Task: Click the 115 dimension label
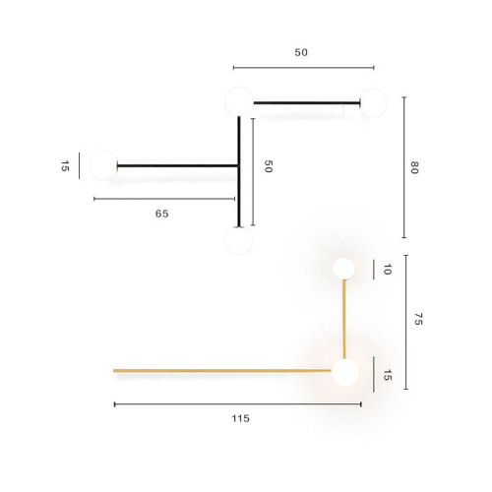click(x=240, y=418)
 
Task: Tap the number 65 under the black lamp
click(x=161, y=214)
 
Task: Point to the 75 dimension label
click(x=417, y=320)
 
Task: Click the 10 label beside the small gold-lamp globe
click(x=387, y=269)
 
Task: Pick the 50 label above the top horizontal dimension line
click(x=301, y=52)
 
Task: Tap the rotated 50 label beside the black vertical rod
click(x=267, y=166)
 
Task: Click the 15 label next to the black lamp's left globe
click(x=65, y=166)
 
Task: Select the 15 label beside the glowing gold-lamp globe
click(x=387, y=375)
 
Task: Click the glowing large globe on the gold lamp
click(x=344, y=372)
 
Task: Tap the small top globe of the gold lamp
click(x=343, y=268)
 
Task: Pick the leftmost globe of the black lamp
click(x=103, y=165)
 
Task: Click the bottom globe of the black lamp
click(x=237, y=239)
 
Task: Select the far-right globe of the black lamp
click(x=372, y=102)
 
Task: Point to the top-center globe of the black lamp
click(x=238, y=100)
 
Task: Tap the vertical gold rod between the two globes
click(x=344, y=319)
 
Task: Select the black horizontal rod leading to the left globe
click(x=177, y=165)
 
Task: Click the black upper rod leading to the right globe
click(x=305, y=102)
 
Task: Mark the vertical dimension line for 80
click(x=403, y=167)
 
